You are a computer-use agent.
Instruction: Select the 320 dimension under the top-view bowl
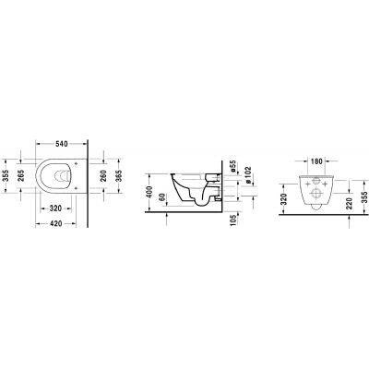point(54,208)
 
